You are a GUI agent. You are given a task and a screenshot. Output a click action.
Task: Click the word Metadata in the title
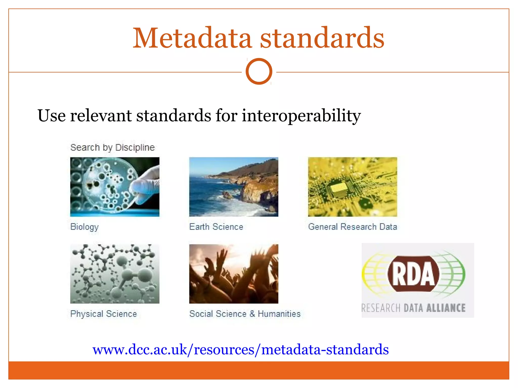coord(192,38)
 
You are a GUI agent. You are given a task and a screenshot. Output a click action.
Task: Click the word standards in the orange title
coord(322,38)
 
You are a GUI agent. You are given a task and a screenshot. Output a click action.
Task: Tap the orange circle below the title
coord(259,71)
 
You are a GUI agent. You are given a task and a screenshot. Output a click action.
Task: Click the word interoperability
coord(301,116)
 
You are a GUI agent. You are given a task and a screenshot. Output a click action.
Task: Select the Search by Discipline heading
coord(112,147)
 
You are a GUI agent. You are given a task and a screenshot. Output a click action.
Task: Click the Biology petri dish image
coord(115,187)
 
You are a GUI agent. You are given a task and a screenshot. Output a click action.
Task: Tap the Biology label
coord(84,227)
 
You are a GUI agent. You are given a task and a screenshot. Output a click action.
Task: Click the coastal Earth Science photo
coord(233,187)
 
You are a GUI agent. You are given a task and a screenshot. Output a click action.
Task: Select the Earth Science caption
coord(216,227)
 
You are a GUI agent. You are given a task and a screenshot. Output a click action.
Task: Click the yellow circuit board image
coord(352,187)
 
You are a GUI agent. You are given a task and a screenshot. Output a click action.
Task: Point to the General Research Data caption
coord(352,227)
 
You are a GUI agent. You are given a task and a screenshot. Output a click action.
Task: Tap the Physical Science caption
coord(103,314)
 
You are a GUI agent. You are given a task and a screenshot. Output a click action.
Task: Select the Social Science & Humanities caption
coord(245,314)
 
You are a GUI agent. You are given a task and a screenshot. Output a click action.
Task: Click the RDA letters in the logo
coord(413,274)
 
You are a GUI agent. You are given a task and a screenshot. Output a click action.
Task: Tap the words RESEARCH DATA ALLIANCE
coord(413,308)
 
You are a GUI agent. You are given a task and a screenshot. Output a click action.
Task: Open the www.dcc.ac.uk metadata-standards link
coord(240,350)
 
